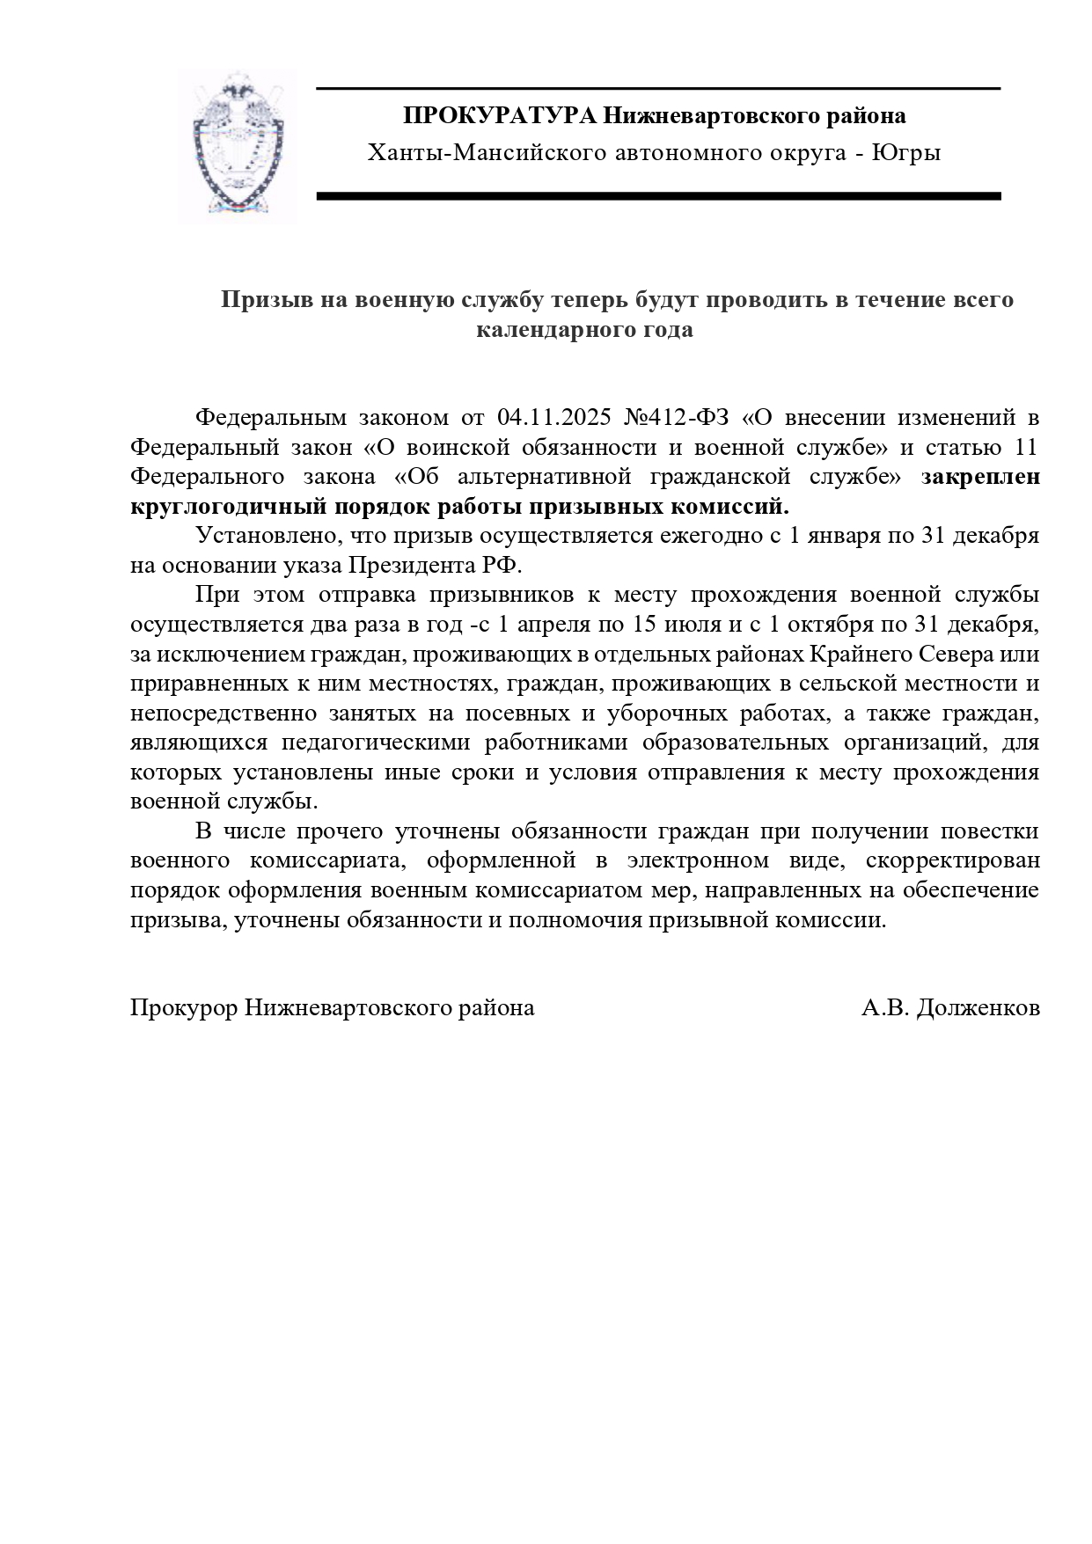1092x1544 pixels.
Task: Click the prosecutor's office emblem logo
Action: (235, 147)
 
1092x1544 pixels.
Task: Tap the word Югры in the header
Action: (906, 153)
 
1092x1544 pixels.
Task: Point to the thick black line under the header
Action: (658, 196)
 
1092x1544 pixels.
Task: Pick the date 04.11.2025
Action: (554, 416)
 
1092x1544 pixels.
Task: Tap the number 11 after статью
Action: (1026, 447)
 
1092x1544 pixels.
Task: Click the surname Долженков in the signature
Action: (978, 1008)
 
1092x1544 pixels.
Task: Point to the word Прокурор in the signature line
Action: (183, 1008)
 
